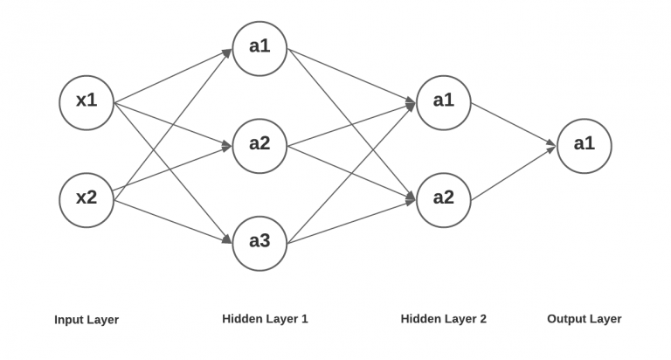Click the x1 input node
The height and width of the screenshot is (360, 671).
(86, 101)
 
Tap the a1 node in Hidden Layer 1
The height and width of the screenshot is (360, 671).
(259, 47)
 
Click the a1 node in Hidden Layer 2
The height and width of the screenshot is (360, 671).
(444, 101)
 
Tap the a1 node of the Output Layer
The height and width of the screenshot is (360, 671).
(584, 145)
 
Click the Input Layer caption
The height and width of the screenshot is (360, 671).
(86, 320)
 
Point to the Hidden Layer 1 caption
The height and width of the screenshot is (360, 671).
(265, 319)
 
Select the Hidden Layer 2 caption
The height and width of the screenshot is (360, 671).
(443, 319)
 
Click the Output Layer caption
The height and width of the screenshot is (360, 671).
(584, 319)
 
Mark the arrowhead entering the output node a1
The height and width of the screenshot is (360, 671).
(550, 148)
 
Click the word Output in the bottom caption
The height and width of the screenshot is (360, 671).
(566, 319)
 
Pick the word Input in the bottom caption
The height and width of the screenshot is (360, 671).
(69, 320)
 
